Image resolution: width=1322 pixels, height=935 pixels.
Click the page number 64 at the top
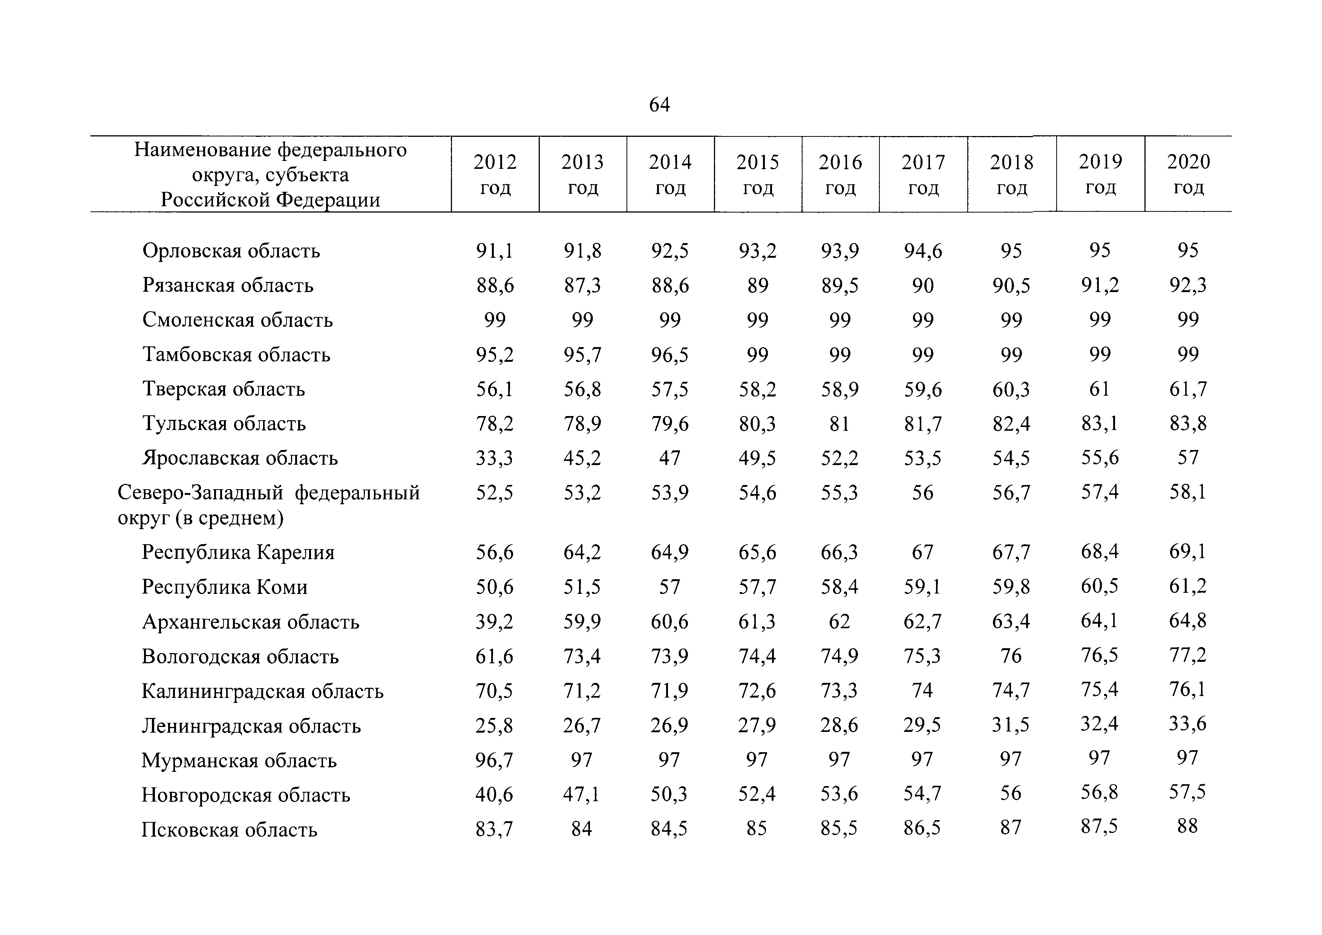pos(659,105)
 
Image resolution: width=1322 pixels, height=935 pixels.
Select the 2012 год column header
pos(495,174)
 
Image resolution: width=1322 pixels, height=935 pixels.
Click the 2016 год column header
pos(840,174)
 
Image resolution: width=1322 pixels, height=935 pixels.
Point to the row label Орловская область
pos(231,251)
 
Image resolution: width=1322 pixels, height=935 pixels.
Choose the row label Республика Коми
pos(225,587)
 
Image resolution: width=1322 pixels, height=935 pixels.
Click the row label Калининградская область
pos(263,691)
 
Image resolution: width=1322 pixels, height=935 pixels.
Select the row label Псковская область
pos(229,829)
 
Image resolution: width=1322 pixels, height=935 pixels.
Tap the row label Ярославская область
pos(240,458)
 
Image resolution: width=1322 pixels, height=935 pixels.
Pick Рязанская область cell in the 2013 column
pos(582,286)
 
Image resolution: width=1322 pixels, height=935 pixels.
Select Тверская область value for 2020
pos(1188,389)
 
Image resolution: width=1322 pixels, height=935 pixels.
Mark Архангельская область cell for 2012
pos(495,622)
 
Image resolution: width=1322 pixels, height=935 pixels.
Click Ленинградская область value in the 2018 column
pos(1011,725)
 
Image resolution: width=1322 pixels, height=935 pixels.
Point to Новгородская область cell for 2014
pos(669,794)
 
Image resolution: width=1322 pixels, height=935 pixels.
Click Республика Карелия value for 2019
pos(1100,552)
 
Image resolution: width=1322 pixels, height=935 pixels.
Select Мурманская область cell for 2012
pos(495,761)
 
